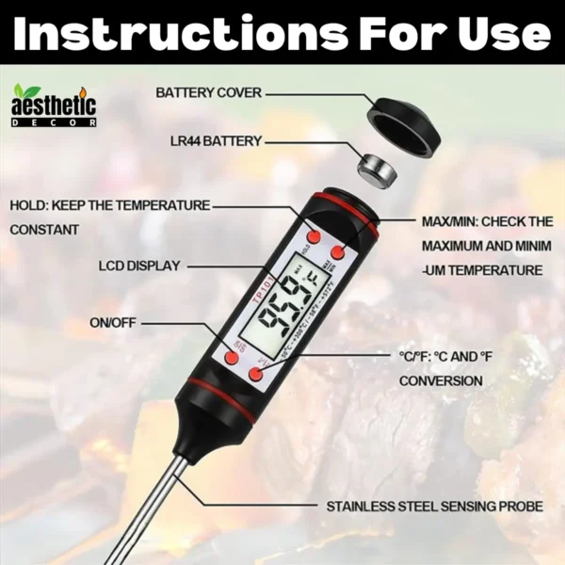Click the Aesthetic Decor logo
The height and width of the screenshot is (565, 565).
pyautogui.click(x=55, y=105)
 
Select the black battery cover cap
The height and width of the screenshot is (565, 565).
pyautogui.click(x=405, y=121)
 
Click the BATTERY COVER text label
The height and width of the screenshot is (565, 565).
pyautogui.click(x=209, y=93)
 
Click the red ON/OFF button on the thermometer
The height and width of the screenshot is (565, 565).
pyautogui.click(x=232, y=358)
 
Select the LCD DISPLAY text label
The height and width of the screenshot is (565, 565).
pyautogui.click(x=138, y=266)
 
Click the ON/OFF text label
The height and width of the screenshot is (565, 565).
pyautogui.click(x=113, y=323)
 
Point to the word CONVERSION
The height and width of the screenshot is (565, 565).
pyautogui.click(x=441, y=381)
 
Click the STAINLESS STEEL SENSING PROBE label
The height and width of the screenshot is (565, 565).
pyautogui.click(x=435, y=507)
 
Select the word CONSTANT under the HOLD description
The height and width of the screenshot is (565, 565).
pyautogui.click(x=45, y=230)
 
